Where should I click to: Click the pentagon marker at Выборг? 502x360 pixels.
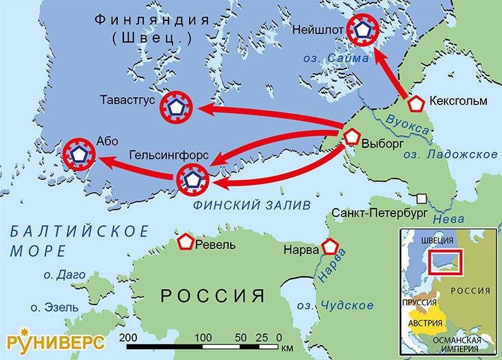(351, 136)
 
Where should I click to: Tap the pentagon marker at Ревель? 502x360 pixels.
(185, 242)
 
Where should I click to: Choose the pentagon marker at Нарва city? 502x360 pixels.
(332, 247)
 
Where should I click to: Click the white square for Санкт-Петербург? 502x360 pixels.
(423, 198)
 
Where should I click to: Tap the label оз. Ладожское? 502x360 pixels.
(450, 155)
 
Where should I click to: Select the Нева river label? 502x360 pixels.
(450, 219)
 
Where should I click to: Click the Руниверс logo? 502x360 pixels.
(55, 340)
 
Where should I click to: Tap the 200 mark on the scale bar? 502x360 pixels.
(127, 338)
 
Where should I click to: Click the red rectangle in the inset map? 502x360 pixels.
(446, 262)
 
